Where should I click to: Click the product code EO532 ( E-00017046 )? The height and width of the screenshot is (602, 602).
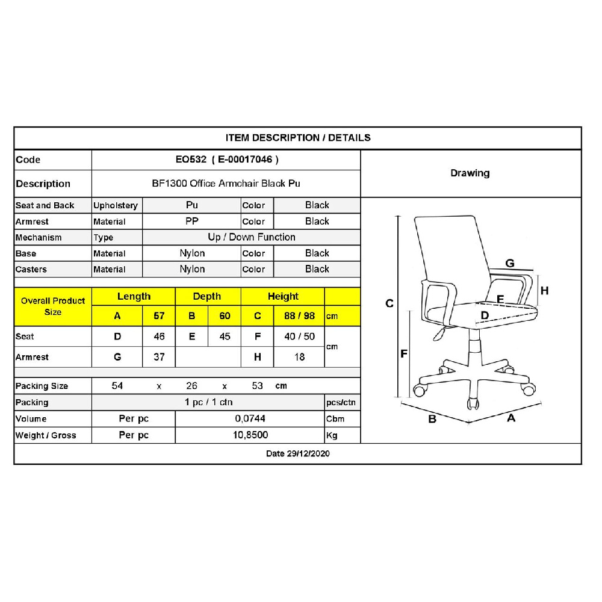(227, 160)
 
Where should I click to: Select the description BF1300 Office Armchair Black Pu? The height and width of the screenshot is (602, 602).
(226, 184)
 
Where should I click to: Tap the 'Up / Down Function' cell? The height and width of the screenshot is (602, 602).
(252, 237)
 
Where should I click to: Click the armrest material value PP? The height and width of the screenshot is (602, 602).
(191, 221)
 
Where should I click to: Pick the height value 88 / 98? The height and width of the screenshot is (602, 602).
(299, 316)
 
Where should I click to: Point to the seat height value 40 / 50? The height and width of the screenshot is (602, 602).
(299, 337)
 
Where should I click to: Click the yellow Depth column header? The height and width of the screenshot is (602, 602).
(207, 296)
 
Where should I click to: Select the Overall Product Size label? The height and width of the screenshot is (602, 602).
(53, 306)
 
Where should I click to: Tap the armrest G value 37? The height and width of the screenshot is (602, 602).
(159, 357)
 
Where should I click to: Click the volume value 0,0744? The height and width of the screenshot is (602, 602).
(250, 418)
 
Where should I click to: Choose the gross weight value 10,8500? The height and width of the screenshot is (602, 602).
(250, 435)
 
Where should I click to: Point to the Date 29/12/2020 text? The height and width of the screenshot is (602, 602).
(297, 454)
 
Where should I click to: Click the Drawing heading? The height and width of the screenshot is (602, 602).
(470, 173)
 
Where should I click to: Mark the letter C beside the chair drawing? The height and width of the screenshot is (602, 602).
(389, 303)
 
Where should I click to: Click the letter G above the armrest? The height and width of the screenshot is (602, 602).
(510, 264)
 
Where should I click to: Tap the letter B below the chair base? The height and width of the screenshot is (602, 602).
(432, 419)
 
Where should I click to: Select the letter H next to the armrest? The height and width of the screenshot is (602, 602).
(544, 291)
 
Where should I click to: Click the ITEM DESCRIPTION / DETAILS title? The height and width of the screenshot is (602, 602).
(298, 138)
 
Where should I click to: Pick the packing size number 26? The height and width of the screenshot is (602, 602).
(191, 386)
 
